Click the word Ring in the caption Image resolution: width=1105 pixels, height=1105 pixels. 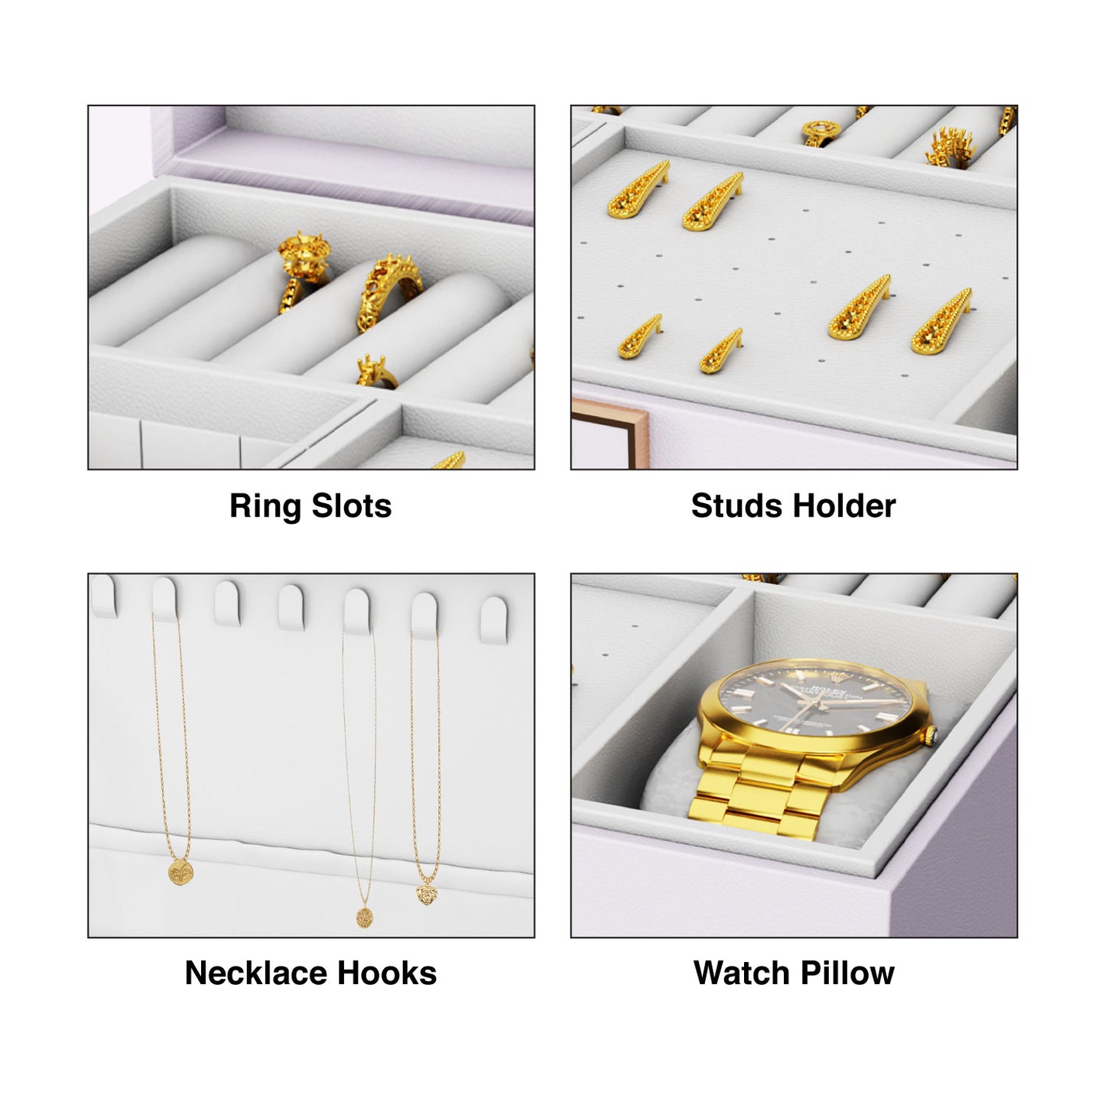265,506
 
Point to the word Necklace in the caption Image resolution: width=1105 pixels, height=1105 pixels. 256,973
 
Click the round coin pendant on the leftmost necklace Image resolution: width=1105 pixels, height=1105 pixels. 181,872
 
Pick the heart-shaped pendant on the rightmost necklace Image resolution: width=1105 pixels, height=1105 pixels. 427,893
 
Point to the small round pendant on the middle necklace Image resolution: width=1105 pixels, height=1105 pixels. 364,916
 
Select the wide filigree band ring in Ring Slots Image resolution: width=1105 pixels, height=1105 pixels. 390,291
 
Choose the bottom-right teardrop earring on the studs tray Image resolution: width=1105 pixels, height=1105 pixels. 941,322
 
